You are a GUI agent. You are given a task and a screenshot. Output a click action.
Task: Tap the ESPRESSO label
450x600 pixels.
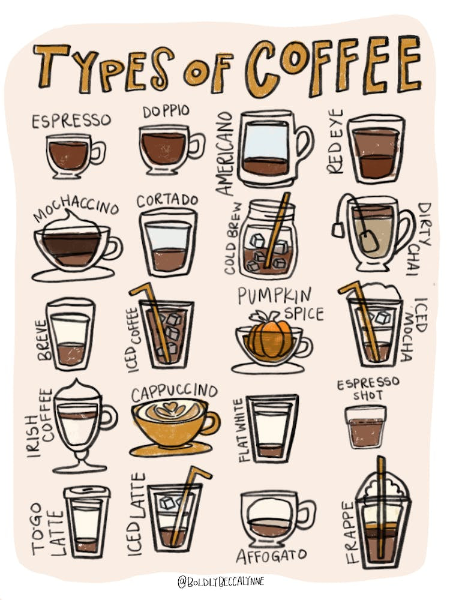tap(71, 121)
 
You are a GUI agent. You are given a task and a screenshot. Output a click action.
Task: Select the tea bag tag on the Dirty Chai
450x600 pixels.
tap(338, 229)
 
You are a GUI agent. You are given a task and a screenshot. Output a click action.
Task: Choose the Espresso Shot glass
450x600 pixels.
tap(365, 426)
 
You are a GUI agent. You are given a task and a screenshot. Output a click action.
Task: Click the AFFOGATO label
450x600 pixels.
tap(271, 555)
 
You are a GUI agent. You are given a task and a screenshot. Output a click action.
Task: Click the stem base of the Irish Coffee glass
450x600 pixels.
tap(80, 467)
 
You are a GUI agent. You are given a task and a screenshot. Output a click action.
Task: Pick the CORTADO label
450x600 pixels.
tap(167, 200)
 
